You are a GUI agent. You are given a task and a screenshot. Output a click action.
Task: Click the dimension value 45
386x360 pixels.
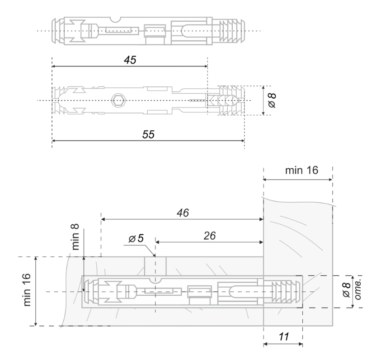point(130,61)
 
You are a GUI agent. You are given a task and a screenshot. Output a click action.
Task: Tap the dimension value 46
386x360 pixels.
point(183,213)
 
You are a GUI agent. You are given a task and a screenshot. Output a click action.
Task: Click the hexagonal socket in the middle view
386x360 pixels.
point(118,100)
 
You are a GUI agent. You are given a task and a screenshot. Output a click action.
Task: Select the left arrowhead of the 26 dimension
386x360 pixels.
point(158,242)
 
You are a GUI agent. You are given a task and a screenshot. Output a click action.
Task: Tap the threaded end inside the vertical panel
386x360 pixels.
point(282,292)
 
